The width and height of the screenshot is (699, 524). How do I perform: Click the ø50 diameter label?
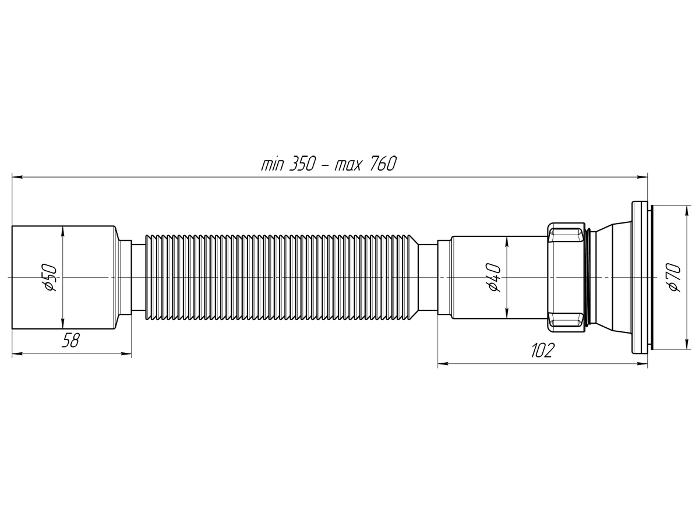50,277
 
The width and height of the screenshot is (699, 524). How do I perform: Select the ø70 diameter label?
675,277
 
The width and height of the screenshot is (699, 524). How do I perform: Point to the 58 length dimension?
70,340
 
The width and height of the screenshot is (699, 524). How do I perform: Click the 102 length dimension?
543,350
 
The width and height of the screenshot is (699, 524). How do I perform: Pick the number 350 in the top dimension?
302,164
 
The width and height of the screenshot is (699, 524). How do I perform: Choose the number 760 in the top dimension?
383,164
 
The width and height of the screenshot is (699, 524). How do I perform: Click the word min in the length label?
273,165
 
